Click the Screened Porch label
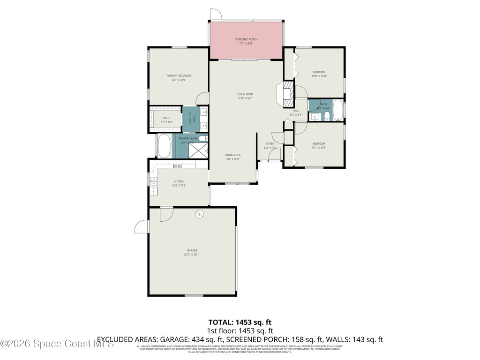point(246,39)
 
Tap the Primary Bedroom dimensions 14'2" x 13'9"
point(179,80)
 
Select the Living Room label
point(245,94)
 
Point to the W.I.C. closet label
point(166,118)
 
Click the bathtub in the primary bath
point(164,146)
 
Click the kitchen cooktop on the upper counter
point(178,166)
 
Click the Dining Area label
point(232,155)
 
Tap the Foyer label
point(270,143)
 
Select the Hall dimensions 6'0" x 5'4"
point(296,115)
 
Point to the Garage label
point(192,250)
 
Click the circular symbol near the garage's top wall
point(199,214)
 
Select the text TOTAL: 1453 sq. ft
point(240,322)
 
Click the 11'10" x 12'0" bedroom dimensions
point(319,76)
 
